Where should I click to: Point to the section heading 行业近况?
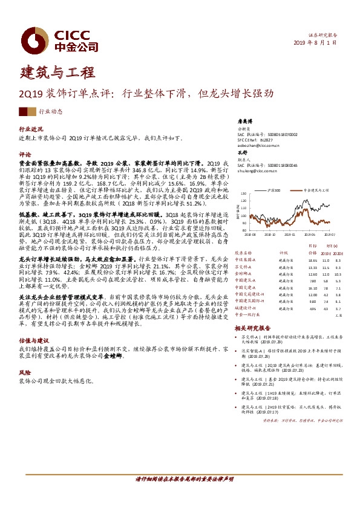click(x=31, y=129)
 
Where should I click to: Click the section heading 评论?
click(x=25, y=154)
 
